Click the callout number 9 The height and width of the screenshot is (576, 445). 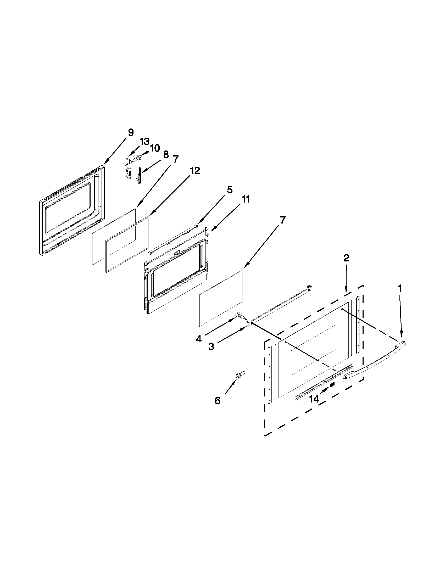[131, 132]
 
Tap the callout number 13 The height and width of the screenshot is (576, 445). [144, 142]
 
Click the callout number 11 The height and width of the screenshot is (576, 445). [245, 199]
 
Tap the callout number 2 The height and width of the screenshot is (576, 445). [346, 258]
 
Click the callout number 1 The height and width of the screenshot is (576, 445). [400, 289]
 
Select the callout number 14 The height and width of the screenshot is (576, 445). [314, 399]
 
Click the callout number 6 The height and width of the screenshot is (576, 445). [217, 401]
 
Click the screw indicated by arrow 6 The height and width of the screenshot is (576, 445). [241, 375]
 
